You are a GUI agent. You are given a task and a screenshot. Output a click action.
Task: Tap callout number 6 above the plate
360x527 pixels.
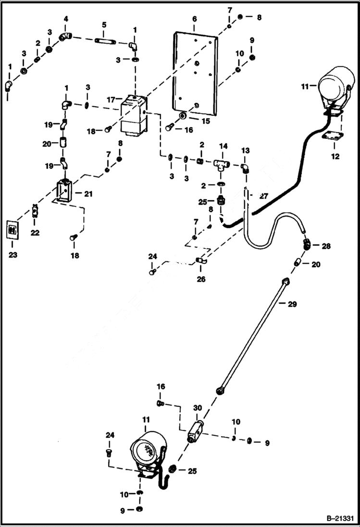click(x=194, y=19)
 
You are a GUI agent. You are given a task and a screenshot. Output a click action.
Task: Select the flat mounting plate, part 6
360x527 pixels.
click(x=197, y=77)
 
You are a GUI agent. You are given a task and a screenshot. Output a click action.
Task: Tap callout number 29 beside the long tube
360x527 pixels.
click(x=293, y=304)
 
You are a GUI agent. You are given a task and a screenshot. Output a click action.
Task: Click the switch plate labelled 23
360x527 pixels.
click(x=13, y=229)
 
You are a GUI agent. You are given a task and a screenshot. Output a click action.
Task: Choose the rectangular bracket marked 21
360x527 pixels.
click(x=63, y=190)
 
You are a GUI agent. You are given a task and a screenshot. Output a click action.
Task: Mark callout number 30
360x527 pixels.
click(x=197, y=408)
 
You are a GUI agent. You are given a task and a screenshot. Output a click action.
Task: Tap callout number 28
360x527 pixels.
click(x=326, y=246)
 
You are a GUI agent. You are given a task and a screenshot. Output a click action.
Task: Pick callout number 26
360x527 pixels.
click(x=201, y=279)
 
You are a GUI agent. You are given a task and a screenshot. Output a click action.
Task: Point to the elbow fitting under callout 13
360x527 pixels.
click(x=245, y=167)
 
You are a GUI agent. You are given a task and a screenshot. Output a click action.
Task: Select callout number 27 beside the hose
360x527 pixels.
click(x=263, y=196)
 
